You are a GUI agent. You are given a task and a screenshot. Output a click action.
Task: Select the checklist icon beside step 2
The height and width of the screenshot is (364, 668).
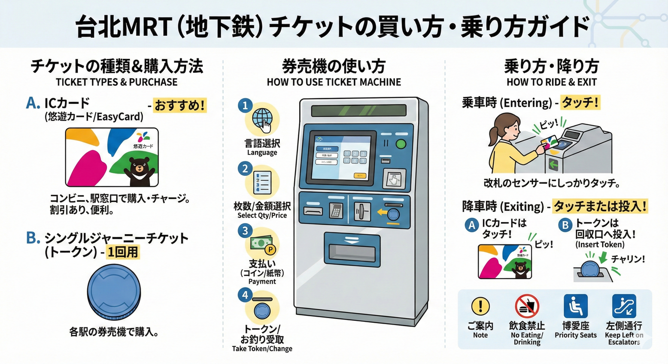[262, 182]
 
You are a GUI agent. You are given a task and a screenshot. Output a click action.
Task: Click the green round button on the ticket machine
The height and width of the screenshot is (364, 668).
[400, 144]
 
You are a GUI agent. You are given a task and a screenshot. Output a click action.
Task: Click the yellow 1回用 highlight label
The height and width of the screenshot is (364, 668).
[122, 253]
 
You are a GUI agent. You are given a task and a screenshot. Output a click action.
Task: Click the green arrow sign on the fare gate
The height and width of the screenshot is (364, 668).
[553, 164]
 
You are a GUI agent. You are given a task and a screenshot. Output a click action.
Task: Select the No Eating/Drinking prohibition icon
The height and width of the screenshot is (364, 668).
[527, 307]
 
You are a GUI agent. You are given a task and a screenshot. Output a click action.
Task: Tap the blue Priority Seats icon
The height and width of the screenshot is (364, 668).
[575, 306]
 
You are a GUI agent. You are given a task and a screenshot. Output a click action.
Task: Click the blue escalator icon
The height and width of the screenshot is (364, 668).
[624, 306]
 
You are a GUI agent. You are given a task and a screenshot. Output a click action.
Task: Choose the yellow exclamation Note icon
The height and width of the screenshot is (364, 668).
[481, 306]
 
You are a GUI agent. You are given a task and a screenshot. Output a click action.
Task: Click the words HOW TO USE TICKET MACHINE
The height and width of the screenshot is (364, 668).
[334, 83]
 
